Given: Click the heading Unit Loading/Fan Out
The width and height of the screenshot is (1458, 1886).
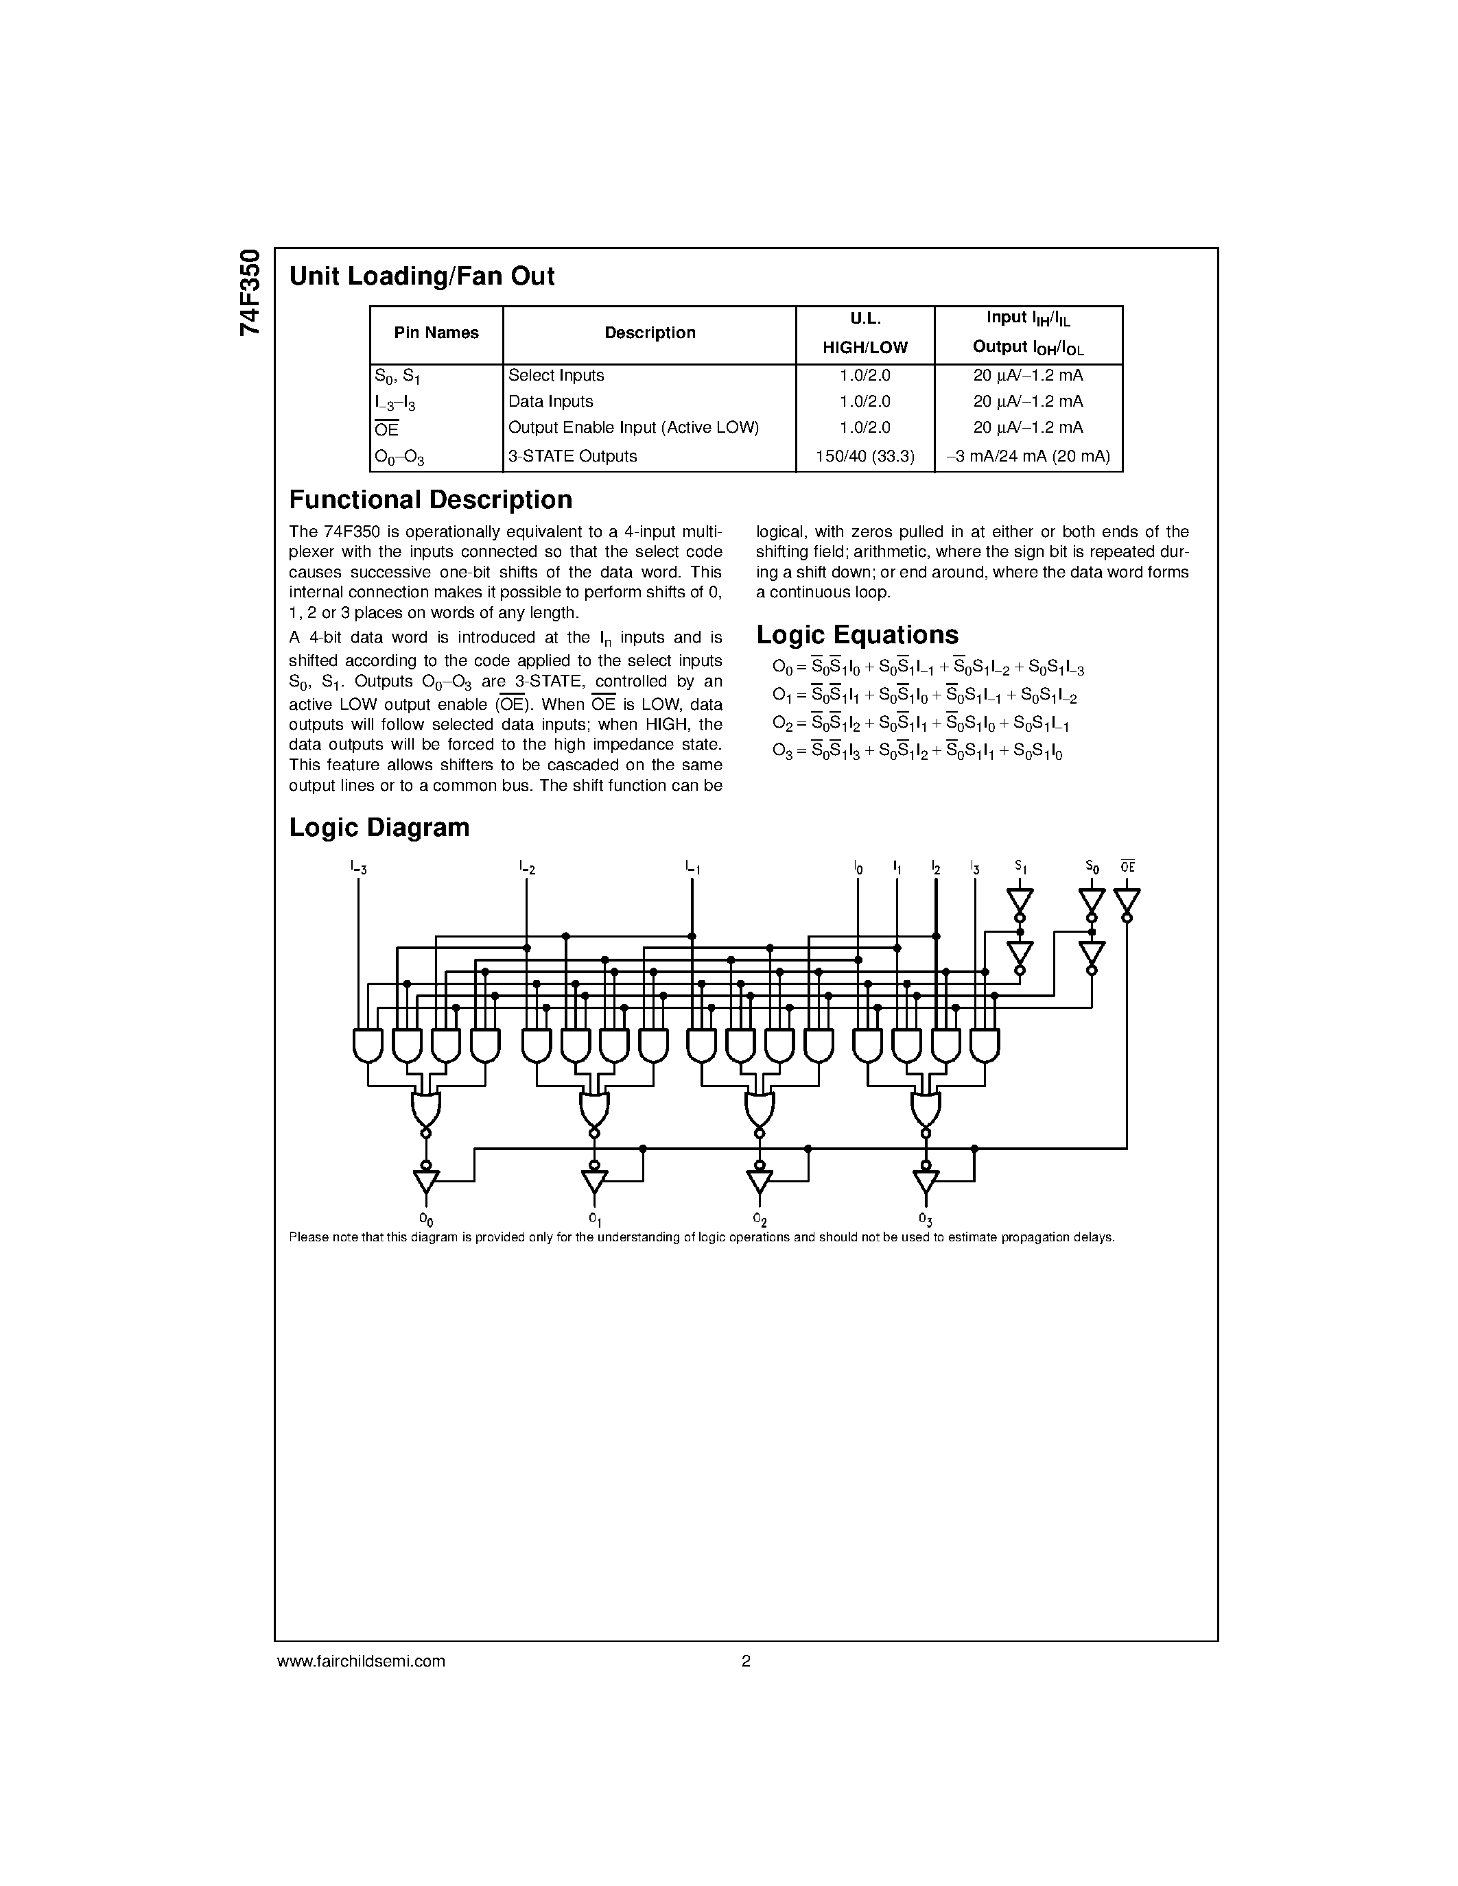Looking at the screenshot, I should click(x=421, y=276).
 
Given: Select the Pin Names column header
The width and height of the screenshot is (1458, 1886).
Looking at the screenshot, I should click(x=436, y=333).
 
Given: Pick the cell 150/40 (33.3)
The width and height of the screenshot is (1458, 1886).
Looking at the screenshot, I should click(x=865, y=456).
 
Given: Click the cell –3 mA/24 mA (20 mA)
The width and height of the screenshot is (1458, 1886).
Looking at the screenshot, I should click(x=1028, y=456).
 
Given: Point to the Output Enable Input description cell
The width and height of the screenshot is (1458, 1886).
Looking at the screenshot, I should click(x=633, y=427).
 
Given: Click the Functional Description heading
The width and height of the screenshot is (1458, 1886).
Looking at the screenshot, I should click(x=430, y=500).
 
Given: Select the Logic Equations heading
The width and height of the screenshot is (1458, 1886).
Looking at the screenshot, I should click(x=857, y=634).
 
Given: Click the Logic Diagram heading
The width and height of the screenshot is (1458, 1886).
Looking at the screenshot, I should click(x=379, y=827).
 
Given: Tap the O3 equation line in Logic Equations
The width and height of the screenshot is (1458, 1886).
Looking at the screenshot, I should click(x=917, y=751).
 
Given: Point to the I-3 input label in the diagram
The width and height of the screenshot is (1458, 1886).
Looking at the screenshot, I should click(x=358, y=867).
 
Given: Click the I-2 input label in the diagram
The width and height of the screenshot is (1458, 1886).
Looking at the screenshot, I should click(x=527, y=867).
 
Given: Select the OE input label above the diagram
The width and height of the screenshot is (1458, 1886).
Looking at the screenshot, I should click(x=1127, y=866).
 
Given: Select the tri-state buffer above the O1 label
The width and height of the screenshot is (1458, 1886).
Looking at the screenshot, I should click(x=594, y=1180).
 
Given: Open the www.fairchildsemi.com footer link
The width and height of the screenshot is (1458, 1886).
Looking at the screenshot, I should click(x=361, y=1660).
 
